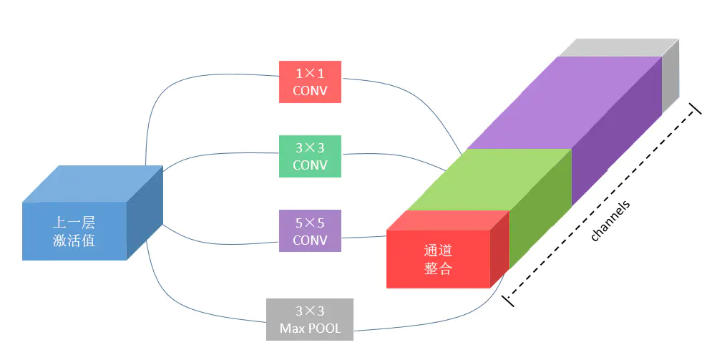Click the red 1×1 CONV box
click(310, 81)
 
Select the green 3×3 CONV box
click(310, 155)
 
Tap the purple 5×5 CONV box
click(310, 230)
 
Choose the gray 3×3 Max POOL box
click(309, 319)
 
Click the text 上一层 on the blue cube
click(74, 222)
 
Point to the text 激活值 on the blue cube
click(74, 240)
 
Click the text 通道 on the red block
click(438, 250)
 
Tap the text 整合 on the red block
click(438, 268)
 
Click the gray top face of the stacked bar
click(615, 47)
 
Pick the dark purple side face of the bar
click(615, 136)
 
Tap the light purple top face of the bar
click(565, 100)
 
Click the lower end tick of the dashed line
click(508, 299)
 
